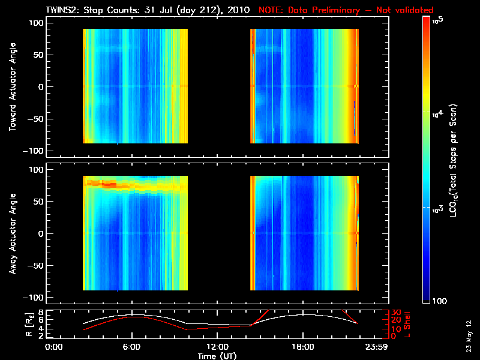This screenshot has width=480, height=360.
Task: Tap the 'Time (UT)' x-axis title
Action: pyautogui.click(x=217, y=356)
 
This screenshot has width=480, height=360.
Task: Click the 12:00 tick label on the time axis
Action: pyautogui.click(x=217, y=347)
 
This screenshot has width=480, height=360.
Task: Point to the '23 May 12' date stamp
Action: pyautogui.click(x=469, y=336)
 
